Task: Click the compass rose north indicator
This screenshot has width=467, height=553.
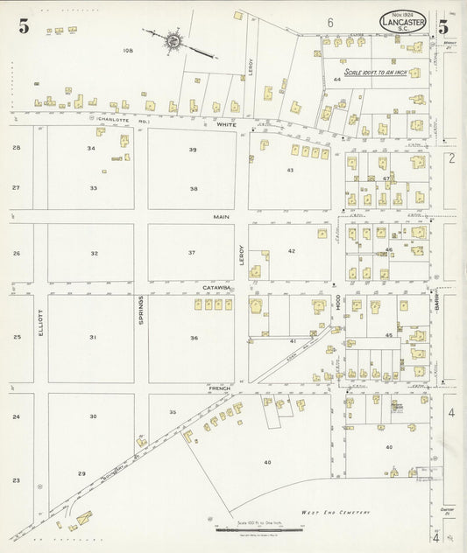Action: [x=173, y=39]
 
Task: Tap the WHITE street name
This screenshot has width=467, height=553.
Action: [x=227, y=125]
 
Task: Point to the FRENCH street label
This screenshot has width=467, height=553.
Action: [x=219, y=386]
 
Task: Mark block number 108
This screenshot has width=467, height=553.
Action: [x=127, y=52]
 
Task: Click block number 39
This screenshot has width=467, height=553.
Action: [x=192, y=150]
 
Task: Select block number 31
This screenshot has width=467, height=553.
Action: [x=92, y=337]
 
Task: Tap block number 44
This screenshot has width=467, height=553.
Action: [x=336, y=80]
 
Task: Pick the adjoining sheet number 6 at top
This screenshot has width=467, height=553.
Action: [x=330, y=21]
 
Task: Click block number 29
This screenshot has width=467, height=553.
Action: [x=81, y=473]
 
